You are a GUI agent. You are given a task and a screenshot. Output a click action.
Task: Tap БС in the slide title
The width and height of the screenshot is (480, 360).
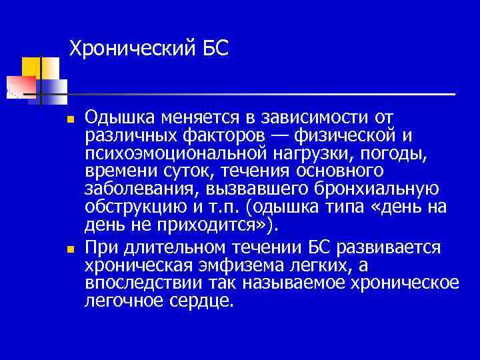tap(213, 48)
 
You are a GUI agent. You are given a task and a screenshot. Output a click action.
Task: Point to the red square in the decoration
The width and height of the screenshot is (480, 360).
tap(19, 87)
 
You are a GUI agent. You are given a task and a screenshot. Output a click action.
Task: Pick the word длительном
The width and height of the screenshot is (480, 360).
tap(169, 248)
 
